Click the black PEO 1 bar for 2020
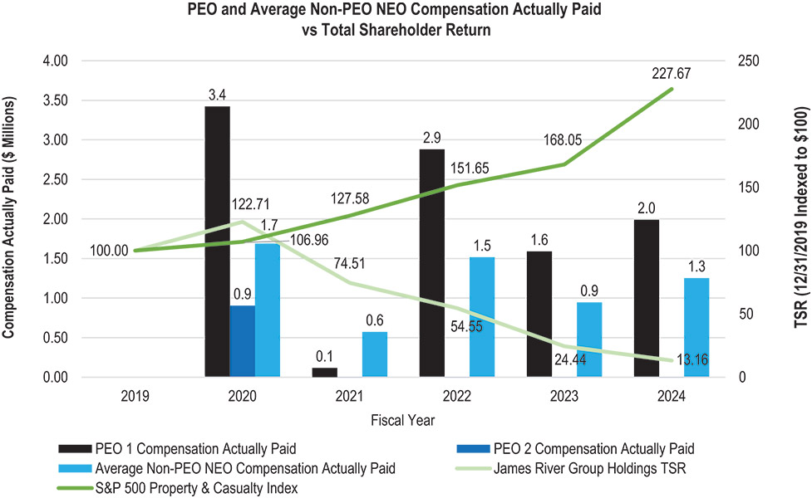point(217,241)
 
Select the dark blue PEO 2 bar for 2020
point(243,341)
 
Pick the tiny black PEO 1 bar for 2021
point(324,373)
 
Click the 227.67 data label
point(672,73)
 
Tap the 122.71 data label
point(251,203)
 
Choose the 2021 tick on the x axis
point(349,396)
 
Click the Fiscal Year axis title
point(403,420)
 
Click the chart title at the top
point(406,18)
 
